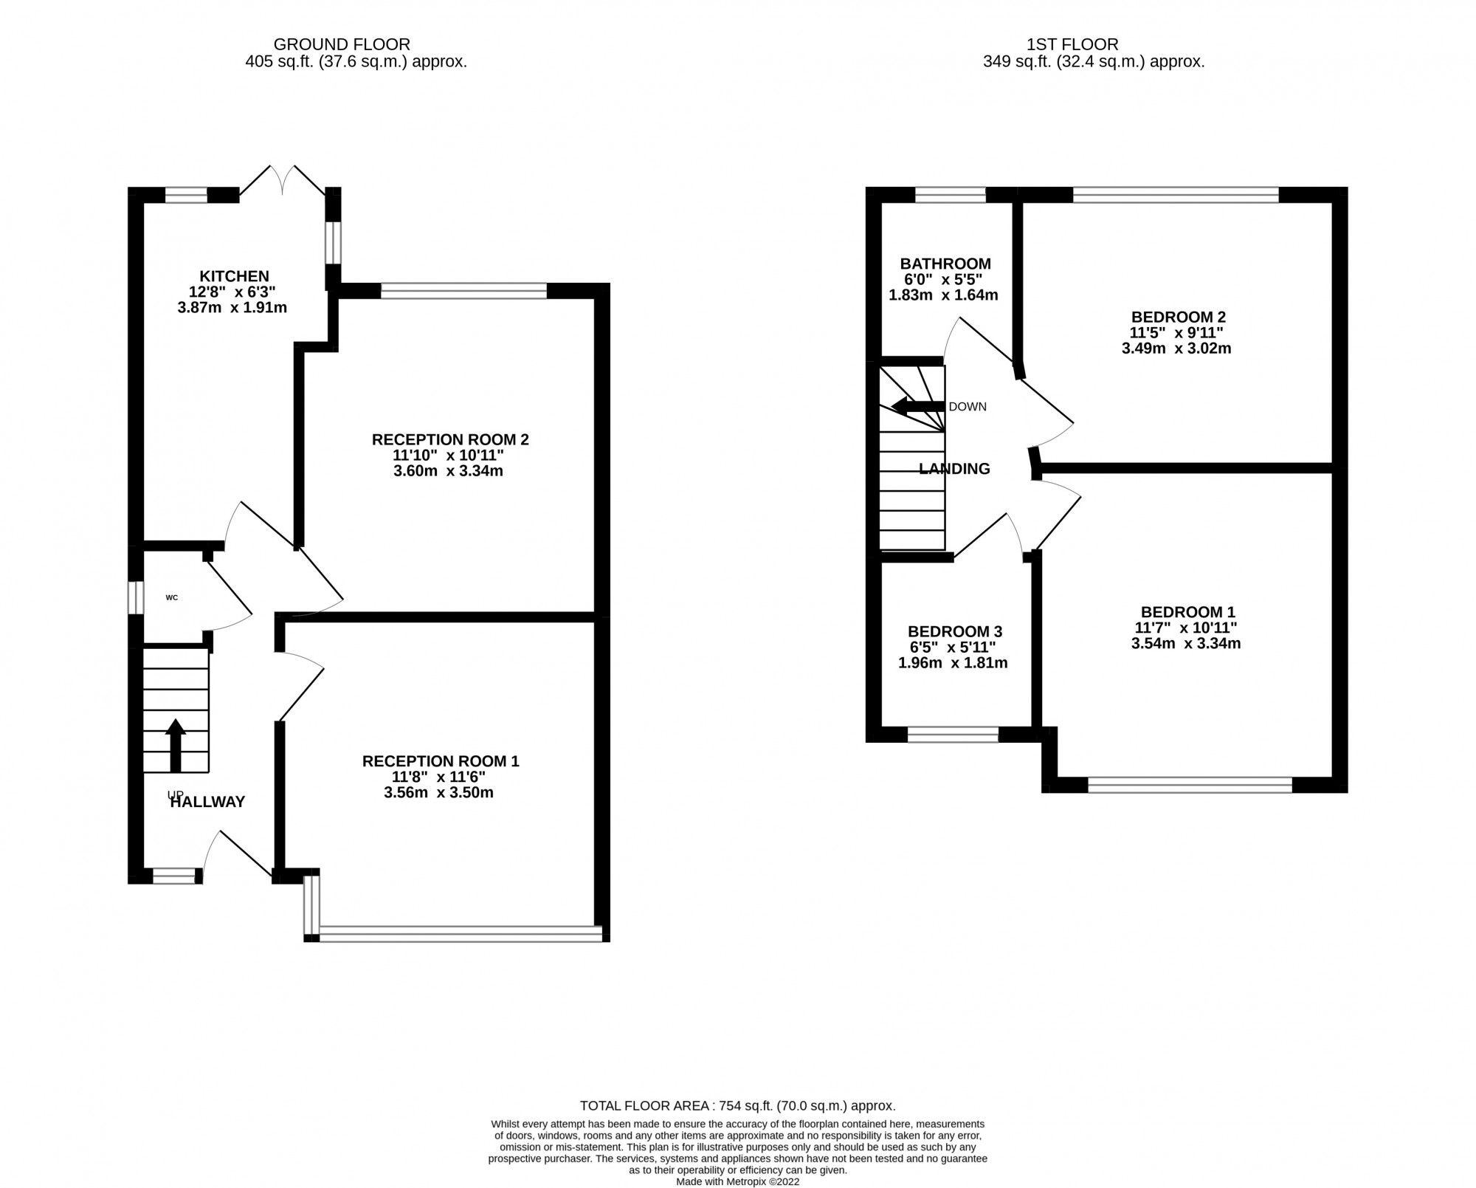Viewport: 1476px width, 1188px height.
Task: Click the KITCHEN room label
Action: (x=234, y=276)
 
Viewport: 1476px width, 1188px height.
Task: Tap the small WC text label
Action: (x=171, y=597)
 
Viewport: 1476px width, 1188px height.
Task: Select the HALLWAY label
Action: (x=207, y=802)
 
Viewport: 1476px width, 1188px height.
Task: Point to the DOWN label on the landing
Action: (x=967, y=407)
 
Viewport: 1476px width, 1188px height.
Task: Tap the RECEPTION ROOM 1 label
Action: (x=441, y=761)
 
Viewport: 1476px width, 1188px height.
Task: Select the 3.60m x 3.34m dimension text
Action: (x=448, y=471)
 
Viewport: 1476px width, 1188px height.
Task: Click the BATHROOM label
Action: (x=945, y=264)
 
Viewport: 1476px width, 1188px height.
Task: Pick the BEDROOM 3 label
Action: (x=954, y=631)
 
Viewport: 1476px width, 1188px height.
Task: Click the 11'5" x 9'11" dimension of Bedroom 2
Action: (x=1178, y=333)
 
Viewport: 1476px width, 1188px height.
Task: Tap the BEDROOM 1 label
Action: (x=1187, y=612)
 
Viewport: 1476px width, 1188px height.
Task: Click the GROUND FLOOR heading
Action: (x=342, y=44)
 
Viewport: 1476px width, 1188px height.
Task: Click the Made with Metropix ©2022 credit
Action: (x=737, y=1181)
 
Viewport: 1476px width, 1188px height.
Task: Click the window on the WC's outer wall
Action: (x=135, y=597)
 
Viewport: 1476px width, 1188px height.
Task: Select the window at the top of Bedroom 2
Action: (x=1175, y=195)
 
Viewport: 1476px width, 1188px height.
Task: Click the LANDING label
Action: (x=954, y=469)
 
